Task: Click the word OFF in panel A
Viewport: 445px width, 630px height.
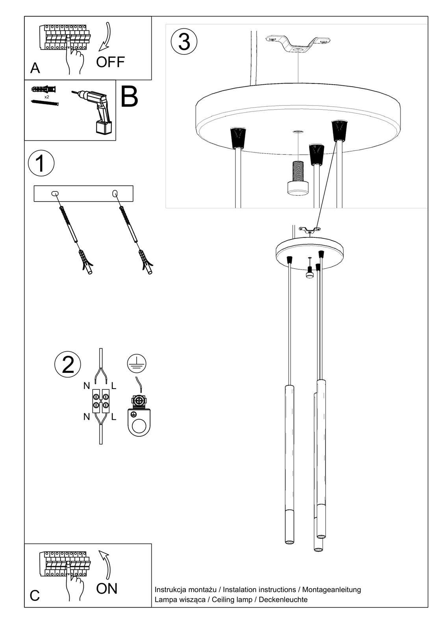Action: click(x=110, y=62)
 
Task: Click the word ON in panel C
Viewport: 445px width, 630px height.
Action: click(x=107, y=588)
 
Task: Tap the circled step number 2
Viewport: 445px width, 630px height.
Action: click(x=68, y=364)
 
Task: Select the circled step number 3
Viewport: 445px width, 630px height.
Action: click(x=184, y=41)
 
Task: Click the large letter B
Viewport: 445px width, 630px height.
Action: click(x=129, y=96)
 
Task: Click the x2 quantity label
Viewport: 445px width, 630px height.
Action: click(x=47, y=96)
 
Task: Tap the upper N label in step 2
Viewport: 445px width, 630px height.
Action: click(x=87, y=386)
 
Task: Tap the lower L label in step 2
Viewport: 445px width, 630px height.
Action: click(x=113, y=417)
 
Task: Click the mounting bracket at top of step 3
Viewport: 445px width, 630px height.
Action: click(x=298, y=44)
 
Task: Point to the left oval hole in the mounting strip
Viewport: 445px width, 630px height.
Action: click(x=54, y=193)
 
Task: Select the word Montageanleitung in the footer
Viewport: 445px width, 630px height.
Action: click(x=332, y=589)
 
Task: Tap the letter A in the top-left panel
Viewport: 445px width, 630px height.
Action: click(x=35, y=68)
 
